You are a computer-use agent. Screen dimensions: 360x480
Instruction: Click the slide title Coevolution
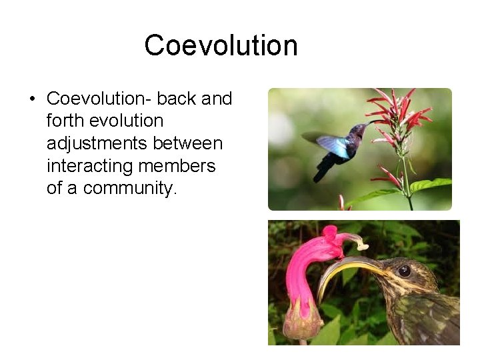[221, 46]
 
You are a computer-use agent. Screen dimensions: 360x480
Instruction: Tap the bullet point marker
[32, 100]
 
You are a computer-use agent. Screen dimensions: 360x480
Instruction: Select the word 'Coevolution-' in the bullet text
[99, 99]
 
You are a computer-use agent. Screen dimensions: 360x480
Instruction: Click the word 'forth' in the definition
[63, 121]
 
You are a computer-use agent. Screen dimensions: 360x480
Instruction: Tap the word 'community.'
[131, 188]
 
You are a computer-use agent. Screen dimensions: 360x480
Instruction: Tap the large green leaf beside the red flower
[431, 185]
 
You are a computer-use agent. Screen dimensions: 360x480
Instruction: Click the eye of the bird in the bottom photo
[404, 270]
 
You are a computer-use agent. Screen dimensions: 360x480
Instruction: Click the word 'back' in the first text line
[177, 99]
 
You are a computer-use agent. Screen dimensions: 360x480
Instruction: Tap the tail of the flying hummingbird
[323, 170]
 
